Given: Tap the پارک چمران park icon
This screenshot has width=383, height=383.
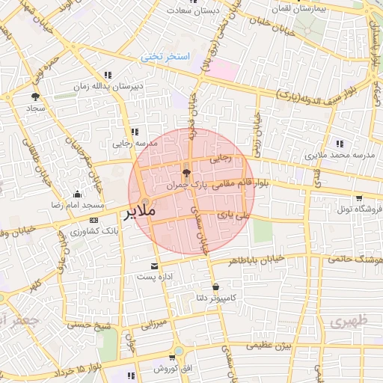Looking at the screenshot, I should tap(186, 171).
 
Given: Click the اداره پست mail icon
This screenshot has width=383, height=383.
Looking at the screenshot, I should tap(155, 266).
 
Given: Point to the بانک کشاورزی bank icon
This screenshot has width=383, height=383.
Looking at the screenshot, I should tap(94, 220).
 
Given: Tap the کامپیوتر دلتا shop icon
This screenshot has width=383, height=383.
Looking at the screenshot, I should tap(216, 287).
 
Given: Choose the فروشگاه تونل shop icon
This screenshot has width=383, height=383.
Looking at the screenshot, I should tap(359, 197).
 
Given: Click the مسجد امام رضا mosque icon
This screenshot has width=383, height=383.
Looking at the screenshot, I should tap(77, 194).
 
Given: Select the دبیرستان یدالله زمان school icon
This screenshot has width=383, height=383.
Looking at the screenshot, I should tap(108, 75).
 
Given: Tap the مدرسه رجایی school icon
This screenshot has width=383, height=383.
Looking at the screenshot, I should tap(135, 131).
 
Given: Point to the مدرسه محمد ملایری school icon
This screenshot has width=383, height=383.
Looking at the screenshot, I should tap(340, 143).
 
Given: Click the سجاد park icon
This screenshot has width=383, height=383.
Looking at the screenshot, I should tap(34, 96).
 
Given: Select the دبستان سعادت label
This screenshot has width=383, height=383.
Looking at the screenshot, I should tap(191, 10).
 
